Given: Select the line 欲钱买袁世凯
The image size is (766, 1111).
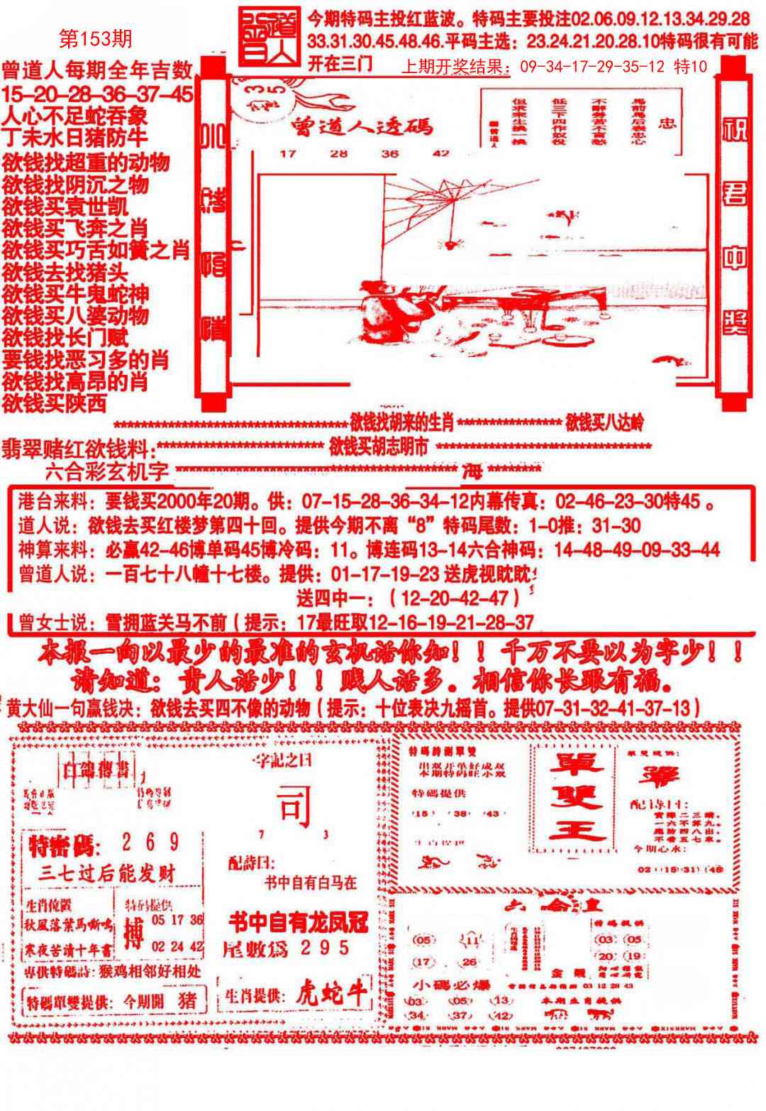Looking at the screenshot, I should click(65, 207).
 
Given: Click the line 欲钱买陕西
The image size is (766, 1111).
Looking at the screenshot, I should click(54, 403).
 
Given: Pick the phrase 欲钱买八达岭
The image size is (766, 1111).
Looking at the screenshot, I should click(604, 424).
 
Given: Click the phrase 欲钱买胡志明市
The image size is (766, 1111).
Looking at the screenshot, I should click(379, 447).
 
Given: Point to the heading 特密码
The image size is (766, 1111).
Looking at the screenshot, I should click(64, 845).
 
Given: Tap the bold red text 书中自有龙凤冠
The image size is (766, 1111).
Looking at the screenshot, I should click(298, 922).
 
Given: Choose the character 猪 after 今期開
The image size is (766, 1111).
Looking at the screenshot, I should click(187, 1001).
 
